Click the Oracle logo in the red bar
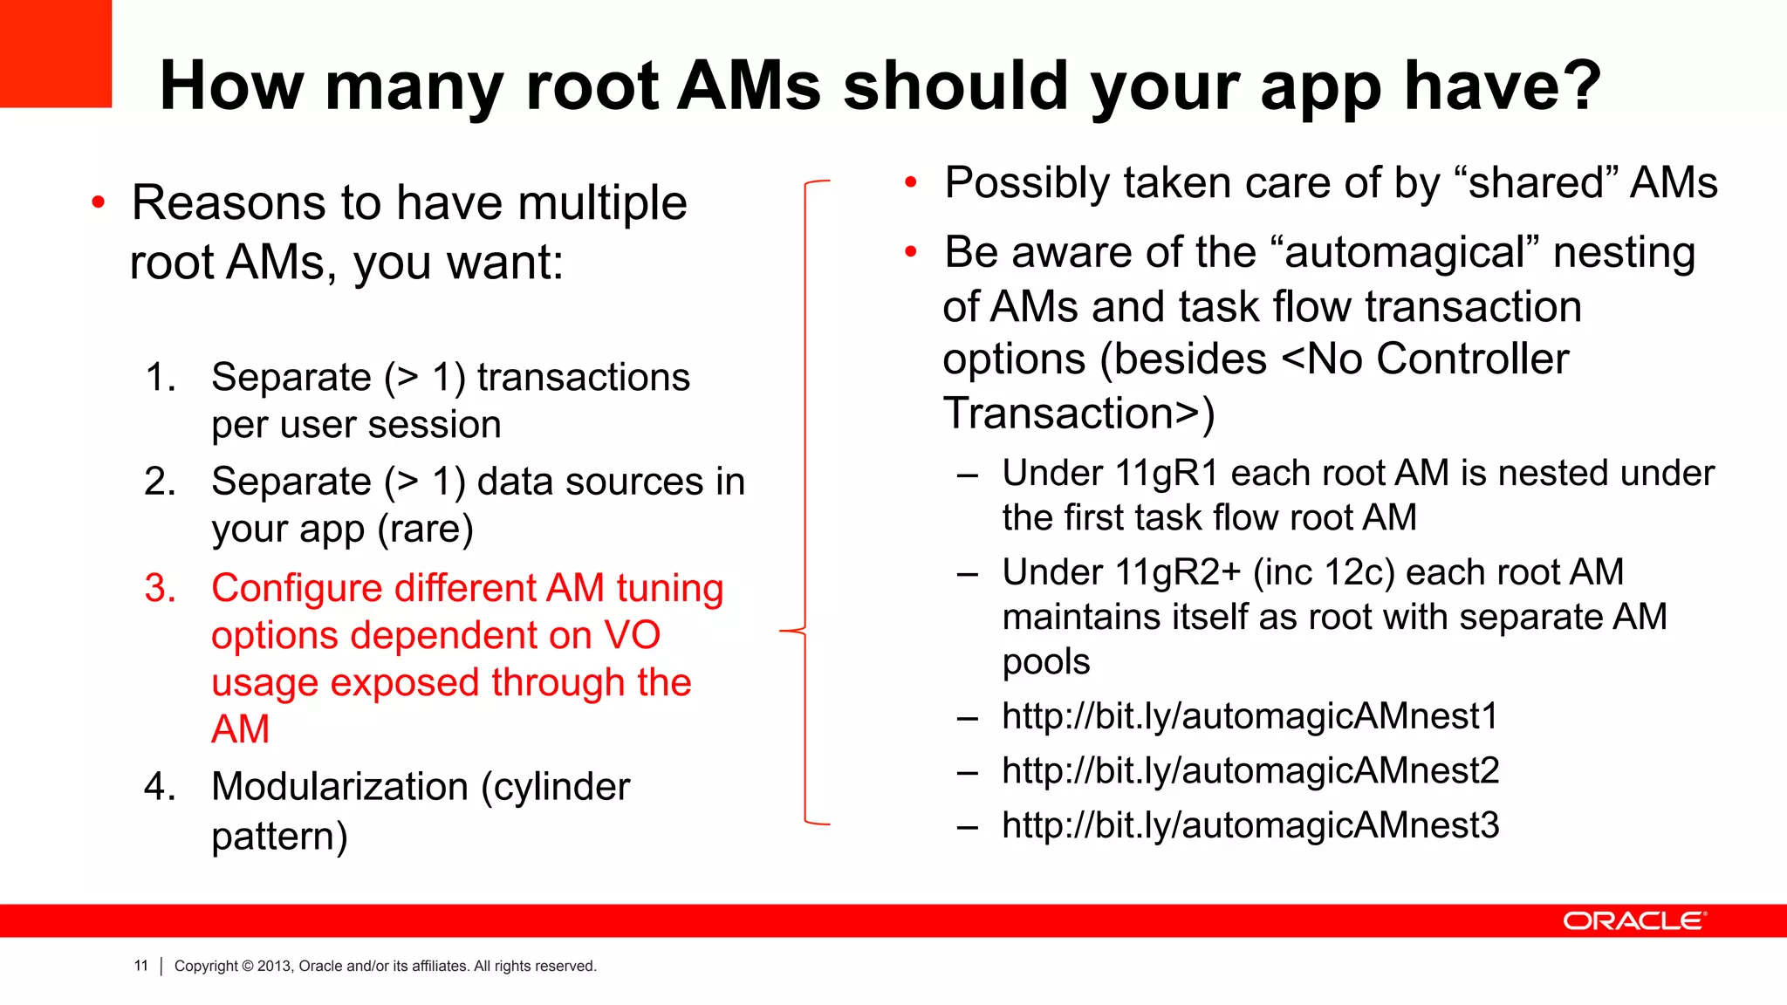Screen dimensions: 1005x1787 click(x=1633, y=921)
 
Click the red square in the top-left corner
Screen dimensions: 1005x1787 click(x=55, y=53)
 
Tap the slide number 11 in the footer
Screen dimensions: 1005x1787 click(x=140, y=966)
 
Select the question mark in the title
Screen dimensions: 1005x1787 click(x=1578, y=85)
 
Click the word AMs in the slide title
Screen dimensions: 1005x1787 click(x=749, y=85)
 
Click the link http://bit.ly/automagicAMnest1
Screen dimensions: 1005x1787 click(x=1250, y=716)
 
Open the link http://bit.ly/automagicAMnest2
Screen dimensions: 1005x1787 click(x=1250, y=770)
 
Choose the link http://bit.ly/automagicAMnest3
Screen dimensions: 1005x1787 click(x=1250, y=825)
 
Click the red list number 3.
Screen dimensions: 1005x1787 click(x=161, y=589)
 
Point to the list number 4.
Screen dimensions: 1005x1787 click(x=161, y=787)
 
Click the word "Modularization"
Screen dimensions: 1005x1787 click(x=339, y=787)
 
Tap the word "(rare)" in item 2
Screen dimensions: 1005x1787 click(x=425, y=529)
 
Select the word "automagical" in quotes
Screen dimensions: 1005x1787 click(x=1406, y=253)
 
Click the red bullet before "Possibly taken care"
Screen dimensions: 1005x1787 click(x=911, y=183)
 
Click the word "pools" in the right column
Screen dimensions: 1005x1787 click(x=1045, y=661)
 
